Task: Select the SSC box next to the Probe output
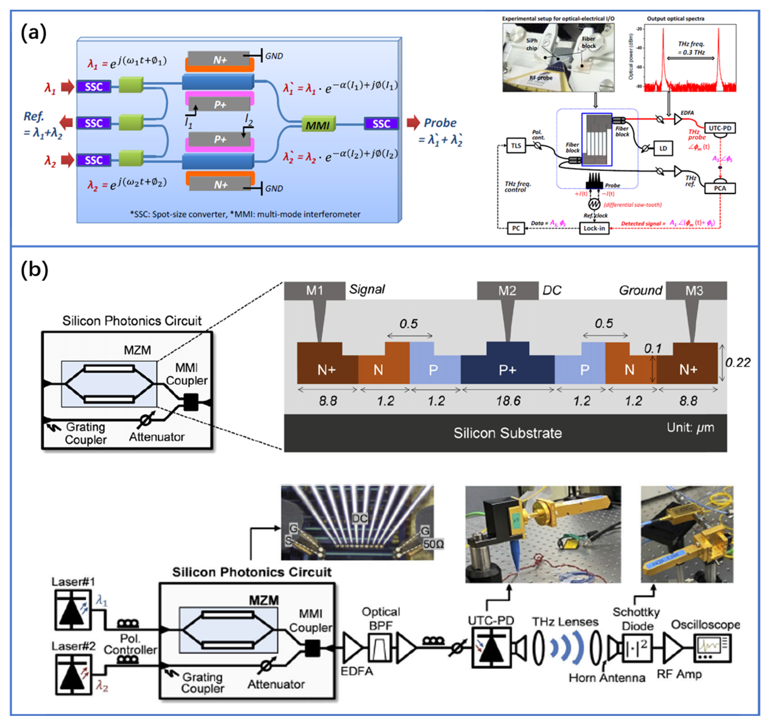click(381, 123)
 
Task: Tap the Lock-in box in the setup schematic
click(594, 228)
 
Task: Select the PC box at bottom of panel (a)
click(516, 228)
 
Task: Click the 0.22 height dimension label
click(738, 362)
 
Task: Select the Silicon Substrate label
click(507, 433)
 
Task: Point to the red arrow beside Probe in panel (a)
click(413, 123)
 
